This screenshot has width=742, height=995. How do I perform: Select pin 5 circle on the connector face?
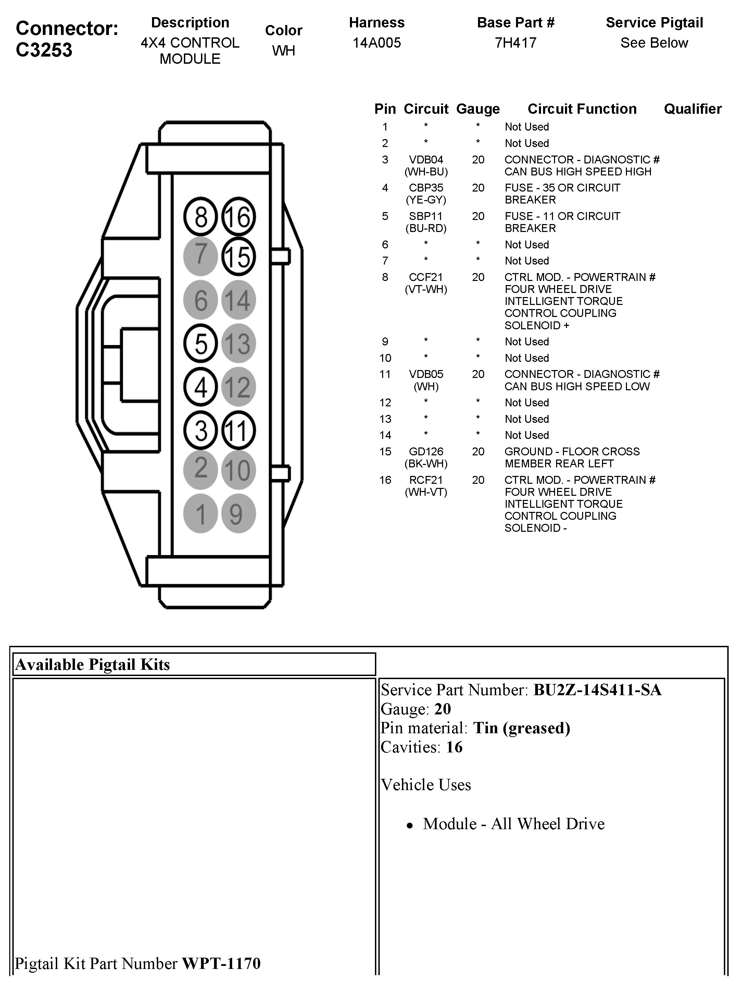coord(200,344)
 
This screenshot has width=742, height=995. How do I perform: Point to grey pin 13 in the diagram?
coord(239,344)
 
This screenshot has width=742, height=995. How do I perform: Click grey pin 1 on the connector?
coord(200,514)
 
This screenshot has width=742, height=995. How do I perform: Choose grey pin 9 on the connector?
coord(239,514)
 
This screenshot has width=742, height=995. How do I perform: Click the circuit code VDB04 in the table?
coord(426,160)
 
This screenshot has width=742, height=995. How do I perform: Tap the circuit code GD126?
coord(426,451)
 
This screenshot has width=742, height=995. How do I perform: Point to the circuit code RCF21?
coord(426,480)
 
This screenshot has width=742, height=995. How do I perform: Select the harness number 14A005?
coord(376,43)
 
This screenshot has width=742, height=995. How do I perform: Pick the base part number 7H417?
coord(516,43)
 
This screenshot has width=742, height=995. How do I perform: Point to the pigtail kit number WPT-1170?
coord(221,963)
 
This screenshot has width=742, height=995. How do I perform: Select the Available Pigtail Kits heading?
coord(92,665)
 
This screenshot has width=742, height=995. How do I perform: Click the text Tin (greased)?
coord(522,728)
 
